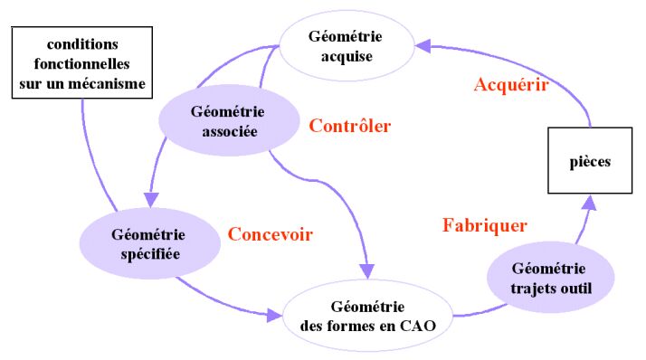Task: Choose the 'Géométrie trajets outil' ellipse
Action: tap(548, 278)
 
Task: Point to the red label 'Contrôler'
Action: tap(349, 126)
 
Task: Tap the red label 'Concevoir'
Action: tap(270, 234)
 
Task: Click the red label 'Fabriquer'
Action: tap(485, 224)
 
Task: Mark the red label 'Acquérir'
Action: tap(511, 85)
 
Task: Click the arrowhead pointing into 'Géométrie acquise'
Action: tap(422, 42)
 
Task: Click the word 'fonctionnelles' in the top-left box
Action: tap(82, 63)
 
